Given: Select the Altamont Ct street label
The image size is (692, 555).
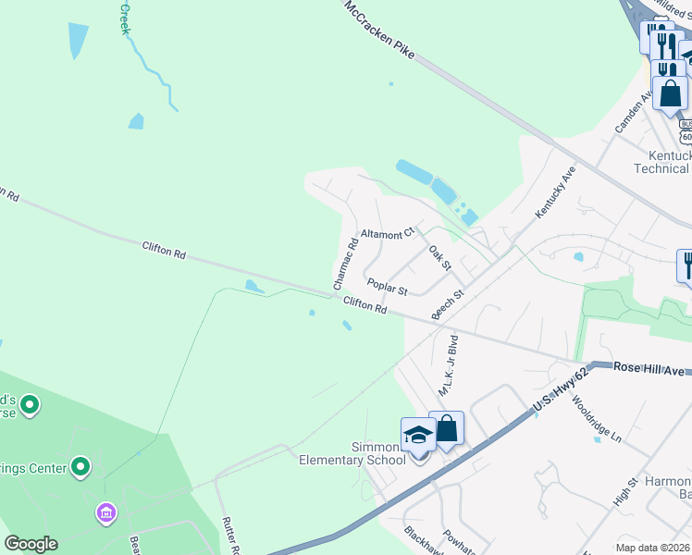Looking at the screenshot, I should point(387,235).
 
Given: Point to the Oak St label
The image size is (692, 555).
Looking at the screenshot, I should point(439,258).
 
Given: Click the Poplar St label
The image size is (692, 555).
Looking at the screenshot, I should point(387,287).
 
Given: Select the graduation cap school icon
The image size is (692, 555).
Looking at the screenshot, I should point(418,434).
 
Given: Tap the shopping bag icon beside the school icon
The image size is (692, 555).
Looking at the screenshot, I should point(447,428).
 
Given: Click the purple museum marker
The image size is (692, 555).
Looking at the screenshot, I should point(105,512).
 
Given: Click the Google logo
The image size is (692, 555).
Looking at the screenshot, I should point(31,544).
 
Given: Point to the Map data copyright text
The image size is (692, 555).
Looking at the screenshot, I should point(652,548).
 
